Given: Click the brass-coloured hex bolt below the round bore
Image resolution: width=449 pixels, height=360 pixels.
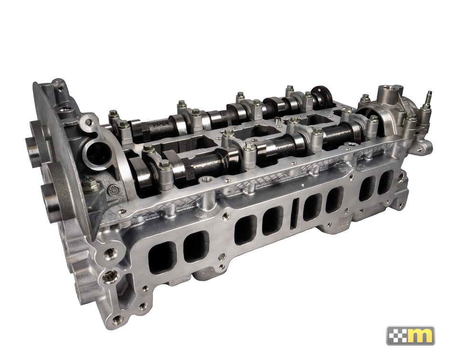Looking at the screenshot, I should [x=89, y=183].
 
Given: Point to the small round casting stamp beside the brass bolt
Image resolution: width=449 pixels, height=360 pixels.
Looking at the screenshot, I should [x=113, y=190].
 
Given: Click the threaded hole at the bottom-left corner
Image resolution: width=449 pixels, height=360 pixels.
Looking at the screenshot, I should [x=118, y=318].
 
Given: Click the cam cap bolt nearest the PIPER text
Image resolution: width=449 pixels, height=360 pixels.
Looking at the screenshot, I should [x=124, y=125].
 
